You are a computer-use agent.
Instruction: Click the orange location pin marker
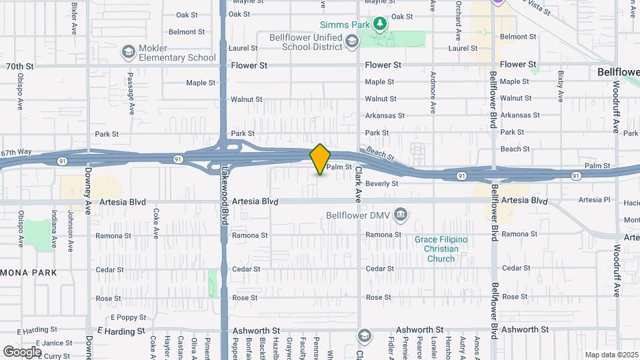coord(321,159)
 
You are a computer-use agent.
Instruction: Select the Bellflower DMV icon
coord(400,215)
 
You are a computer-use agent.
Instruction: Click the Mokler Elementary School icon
coord(127,52)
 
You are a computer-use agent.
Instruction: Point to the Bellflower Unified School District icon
coord(351,43)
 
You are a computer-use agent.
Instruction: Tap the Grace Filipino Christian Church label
coord(441,249)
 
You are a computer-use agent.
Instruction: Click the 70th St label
coord(19,67)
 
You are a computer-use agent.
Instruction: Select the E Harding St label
coord(121,331)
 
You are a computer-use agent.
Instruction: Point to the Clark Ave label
coord(357,184)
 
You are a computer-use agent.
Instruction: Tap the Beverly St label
coord(381,183)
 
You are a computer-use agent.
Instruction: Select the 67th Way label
coord(16,152)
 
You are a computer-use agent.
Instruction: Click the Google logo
coord(22,351)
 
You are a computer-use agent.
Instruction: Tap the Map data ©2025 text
coord(611,355)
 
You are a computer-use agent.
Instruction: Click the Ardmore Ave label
coord(433,93)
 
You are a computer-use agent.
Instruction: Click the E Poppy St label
coord(123,317)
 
